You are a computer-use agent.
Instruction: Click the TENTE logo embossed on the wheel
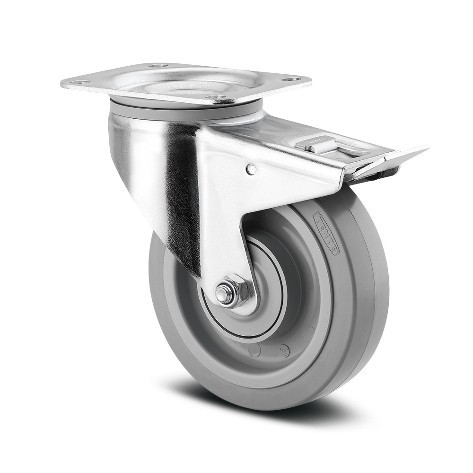tap(326, 233)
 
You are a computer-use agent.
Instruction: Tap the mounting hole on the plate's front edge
tap(216, 97)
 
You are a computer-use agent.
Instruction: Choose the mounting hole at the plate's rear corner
tap(158, 65)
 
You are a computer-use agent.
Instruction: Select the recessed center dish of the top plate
tap(189, 85)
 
